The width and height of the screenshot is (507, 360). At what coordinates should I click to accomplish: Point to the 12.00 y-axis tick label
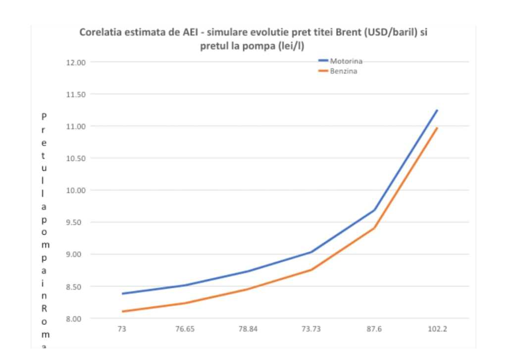pyautogui.click(x=76, y=62)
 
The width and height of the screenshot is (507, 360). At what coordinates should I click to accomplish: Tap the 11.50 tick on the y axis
pyautogui.click(x=76, y=95)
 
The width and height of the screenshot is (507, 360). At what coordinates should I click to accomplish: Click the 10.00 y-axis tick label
pyautogui.click(x=76, y=191)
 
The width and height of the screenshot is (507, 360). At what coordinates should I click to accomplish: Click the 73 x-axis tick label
pyautogui.click(x=122, y=329)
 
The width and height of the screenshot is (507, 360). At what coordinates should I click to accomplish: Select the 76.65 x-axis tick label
pyautogui.click(x=185, y=329)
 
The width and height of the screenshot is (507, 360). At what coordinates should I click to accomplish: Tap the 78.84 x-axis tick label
pyautogui.click(x=248, y=329)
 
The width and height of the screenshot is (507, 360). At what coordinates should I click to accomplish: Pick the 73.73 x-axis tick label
pyautogui.click(x=311, y=329)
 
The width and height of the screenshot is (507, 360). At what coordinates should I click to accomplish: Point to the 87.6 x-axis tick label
pyautogui.click(x=374, y=329)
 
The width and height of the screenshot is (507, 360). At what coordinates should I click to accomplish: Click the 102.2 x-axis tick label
pyautogui.click(x=437, y=329)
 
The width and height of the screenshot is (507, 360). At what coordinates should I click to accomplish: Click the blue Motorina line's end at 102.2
pyautogui.click(x=437, y=110)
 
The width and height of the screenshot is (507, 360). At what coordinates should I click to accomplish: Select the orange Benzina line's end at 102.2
pyautogui.click(x=437, y=128)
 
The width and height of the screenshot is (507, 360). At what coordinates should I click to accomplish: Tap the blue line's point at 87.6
pyautogui.click(x=374, y=210)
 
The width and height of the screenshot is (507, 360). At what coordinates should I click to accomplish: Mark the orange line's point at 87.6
pyautogui.click(x=374, y=228)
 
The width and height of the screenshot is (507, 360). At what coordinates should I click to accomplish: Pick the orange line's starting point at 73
pyautogui.click(x=122, y=311)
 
